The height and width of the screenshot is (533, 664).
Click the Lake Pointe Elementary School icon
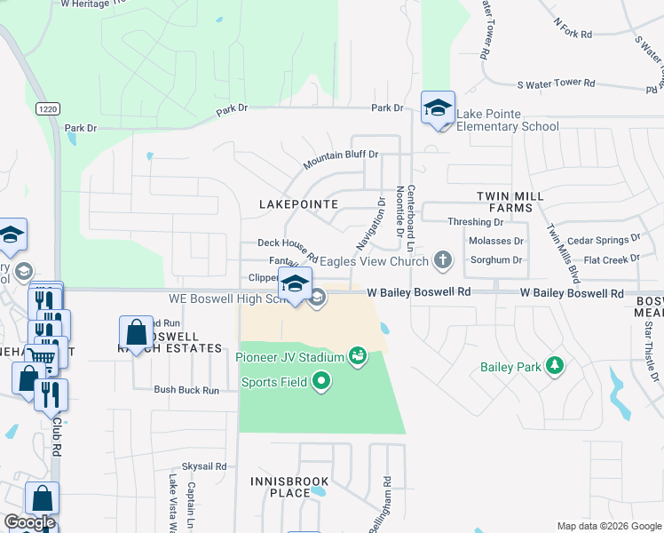438,108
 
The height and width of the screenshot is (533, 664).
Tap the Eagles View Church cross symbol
442,261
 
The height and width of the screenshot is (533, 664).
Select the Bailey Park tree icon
555,365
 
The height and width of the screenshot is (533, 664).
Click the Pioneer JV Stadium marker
358,357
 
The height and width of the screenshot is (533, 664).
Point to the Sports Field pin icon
321,383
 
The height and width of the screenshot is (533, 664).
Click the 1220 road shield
48,108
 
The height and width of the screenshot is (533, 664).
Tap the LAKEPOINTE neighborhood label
298,204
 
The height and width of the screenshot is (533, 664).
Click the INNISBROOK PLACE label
289,487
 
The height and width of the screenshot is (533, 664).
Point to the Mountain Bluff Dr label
341,160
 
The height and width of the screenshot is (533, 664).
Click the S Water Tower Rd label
556,84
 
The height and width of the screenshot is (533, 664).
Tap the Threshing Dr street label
475,222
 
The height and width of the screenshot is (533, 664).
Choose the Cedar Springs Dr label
604,239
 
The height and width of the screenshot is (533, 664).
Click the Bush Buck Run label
186,390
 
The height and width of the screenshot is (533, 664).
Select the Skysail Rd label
205,466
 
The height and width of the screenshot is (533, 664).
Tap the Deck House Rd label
287,248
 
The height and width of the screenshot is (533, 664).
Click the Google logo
29,522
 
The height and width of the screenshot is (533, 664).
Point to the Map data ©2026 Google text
608,526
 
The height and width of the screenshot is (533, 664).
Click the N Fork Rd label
572,27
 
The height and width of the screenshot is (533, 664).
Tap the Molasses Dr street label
494,241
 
